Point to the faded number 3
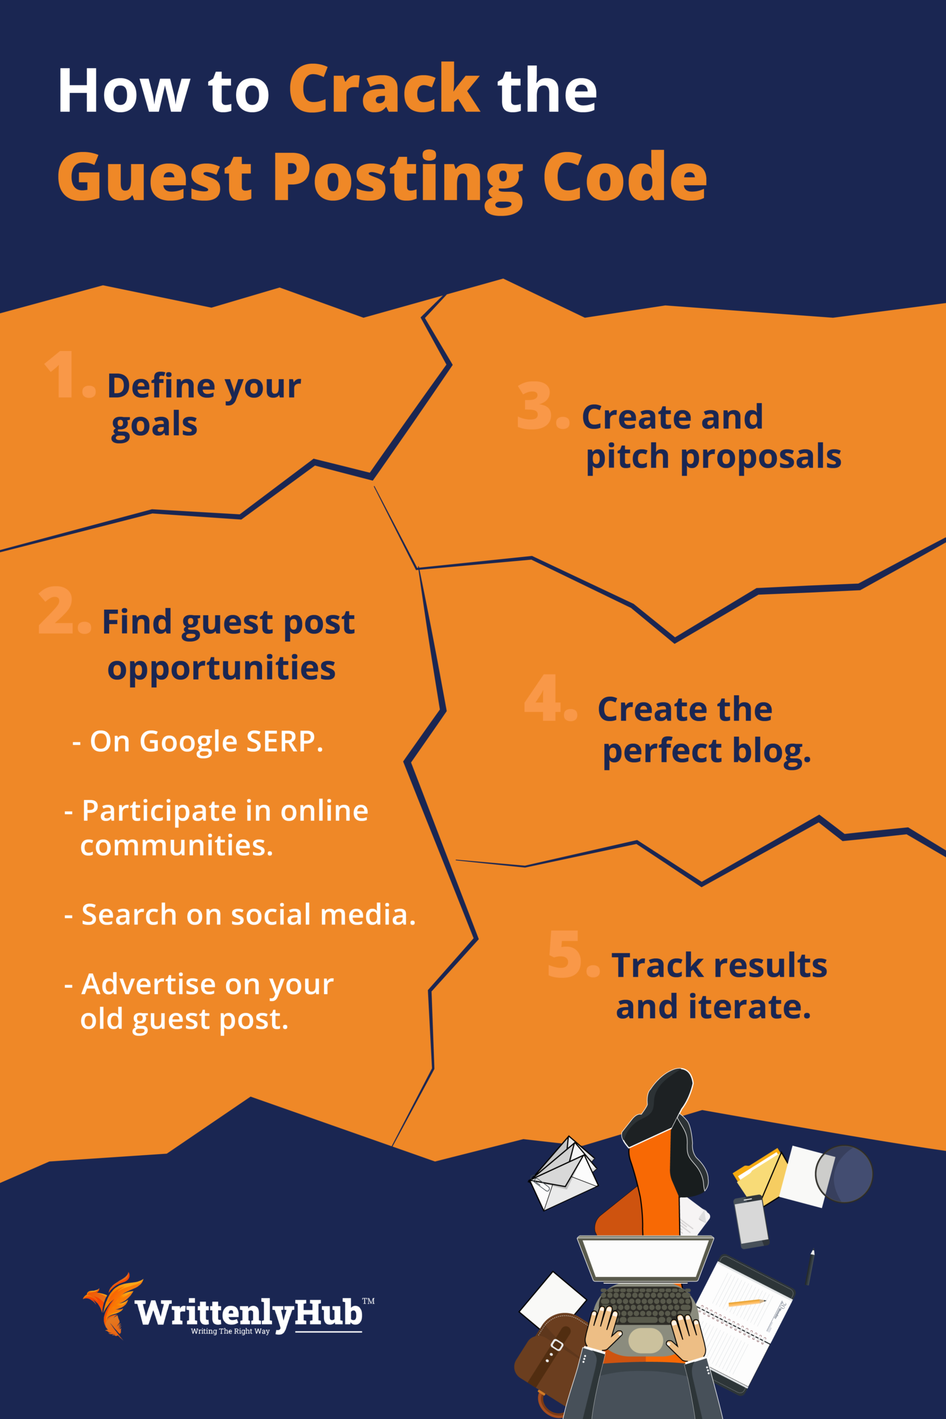[x=534, y=406]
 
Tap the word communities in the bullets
[x=176, y=845]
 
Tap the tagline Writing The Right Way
[x=230, y=1331]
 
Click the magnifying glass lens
[x=845, y=1174]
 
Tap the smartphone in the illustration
[x=750, y=1221]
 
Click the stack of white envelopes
[x=562, y=1173]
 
